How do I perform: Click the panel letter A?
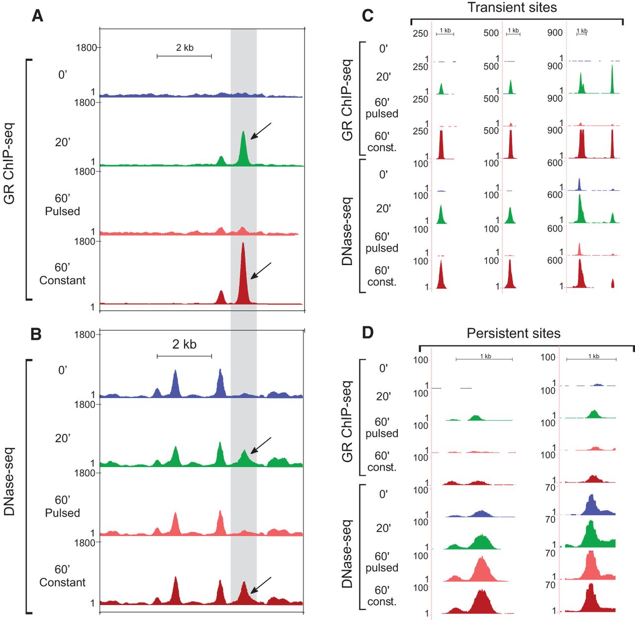click(37, 16)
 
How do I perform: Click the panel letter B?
click(36, 334)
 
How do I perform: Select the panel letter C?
click(368, 16)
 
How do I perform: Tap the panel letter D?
click(368, 332)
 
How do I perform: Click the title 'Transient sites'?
click(512, 7)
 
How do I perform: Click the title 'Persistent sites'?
click(513, 334)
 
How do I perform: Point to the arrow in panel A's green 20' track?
click(261, 131)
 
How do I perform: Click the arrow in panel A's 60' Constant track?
click(261, 271)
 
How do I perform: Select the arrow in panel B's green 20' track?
click(261, 445)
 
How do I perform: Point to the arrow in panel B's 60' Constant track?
click(261, 585)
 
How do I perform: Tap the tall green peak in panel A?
click(243, 149)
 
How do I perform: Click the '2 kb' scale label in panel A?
click(185, 48)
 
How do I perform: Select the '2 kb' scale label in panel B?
click(184, 344)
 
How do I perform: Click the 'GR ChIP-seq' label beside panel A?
click(9, 164)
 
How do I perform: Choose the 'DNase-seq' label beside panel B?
click(9, 482)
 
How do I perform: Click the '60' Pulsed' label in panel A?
click(63, 205)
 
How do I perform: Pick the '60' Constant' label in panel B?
click(63, 576)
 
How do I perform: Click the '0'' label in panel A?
click(63, 75)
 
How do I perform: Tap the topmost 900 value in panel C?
click(555, 33)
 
